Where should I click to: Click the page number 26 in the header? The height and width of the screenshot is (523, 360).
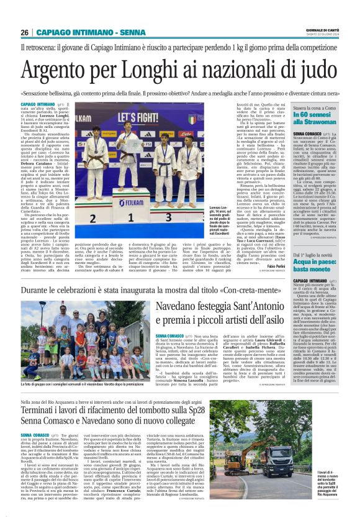coord(25,32)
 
